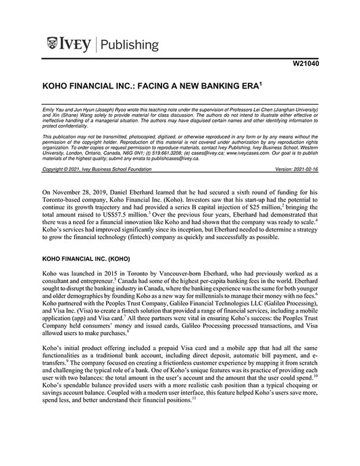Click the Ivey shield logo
55,45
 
